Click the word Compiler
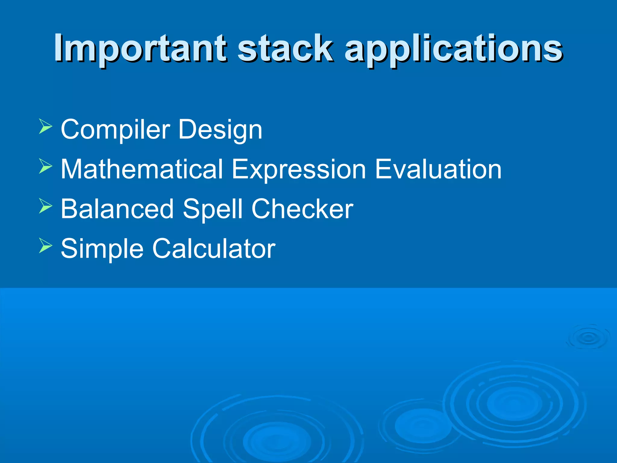(x=115, y=130)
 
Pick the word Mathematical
(x=142, y=169)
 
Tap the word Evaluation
(x=438, y=169)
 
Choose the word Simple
(x=102, y=249)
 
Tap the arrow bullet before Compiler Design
(x=45, y=126)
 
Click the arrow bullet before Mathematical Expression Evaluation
(x=45, y=166)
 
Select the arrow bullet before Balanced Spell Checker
(x=45, y=206)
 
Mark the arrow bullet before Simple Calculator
(x=45, y=245)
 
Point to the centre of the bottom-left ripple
(x=277, y=441)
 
